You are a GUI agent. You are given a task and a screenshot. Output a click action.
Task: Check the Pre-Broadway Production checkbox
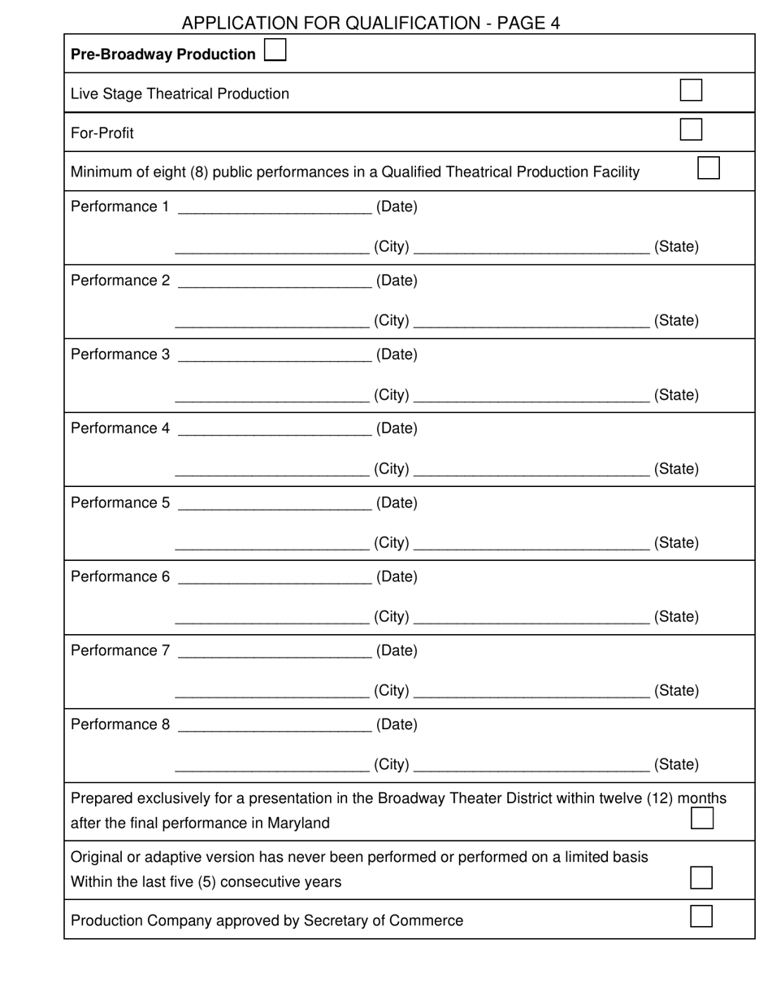275,50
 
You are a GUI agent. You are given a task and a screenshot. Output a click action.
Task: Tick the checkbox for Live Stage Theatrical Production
691,90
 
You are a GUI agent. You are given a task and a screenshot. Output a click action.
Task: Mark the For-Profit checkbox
691,129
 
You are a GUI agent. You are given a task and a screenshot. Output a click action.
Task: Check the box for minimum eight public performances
709,168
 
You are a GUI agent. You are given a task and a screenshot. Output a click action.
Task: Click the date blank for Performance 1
274,208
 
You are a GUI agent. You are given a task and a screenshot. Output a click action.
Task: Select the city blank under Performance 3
272,396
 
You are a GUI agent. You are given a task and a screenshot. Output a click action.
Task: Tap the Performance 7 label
120,650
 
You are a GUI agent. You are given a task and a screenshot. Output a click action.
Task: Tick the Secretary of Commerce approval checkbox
701,916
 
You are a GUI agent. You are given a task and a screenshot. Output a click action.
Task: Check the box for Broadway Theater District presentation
702,818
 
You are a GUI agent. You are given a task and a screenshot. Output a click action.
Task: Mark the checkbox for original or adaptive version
701,878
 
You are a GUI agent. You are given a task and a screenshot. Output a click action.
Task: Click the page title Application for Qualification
371,23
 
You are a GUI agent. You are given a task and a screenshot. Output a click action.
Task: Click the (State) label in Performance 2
676,320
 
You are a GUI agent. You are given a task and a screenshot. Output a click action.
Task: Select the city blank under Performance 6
272,618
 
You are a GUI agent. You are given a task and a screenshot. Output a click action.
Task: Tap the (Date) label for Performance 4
397,428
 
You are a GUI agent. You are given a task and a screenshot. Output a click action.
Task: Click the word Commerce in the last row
430,920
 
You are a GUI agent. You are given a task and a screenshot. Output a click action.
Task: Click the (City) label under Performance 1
392,246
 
